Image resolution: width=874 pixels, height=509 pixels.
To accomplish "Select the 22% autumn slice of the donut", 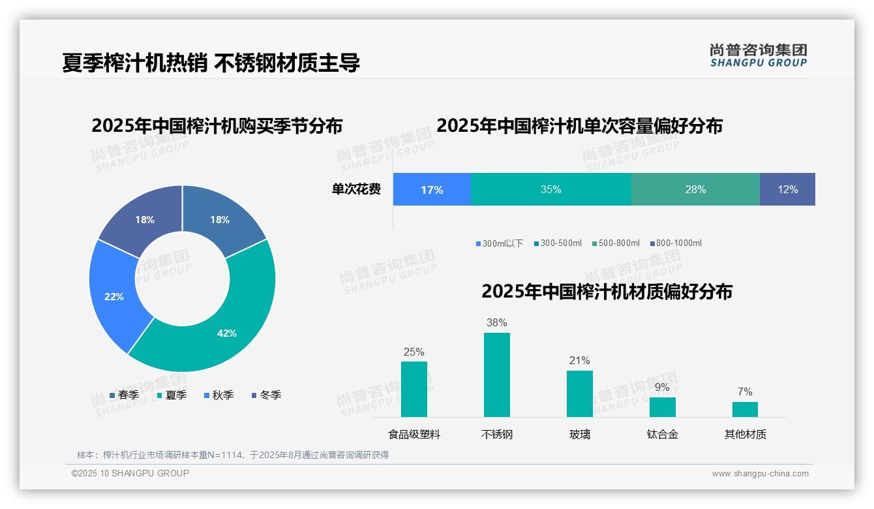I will click(114, 296).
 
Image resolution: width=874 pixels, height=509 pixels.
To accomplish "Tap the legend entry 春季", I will click(125, 395).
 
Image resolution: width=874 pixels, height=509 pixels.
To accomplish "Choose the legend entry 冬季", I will click(266, 395).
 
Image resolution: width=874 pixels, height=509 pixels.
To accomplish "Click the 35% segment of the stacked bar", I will click(551, 189).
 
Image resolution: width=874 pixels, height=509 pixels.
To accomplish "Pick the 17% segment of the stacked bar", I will click(432, 189).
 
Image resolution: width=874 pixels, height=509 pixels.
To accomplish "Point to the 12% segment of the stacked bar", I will click(787, 189).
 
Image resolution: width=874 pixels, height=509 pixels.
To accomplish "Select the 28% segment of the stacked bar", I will click(695, 189).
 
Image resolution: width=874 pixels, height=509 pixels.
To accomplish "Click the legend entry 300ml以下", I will click(500, 243).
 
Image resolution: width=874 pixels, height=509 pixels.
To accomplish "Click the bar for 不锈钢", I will click(497, 375).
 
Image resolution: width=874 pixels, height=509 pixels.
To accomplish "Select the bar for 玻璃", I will click(579, 393).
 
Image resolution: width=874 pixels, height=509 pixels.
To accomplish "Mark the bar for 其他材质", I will click(745, 409).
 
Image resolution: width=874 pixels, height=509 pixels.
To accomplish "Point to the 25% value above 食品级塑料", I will click(414, 352).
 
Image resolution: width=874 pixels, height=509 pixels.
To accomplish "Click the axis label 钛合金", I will click(662, 434).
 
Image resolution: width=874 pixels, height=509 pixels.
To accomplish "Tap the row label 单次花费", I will click(356, 189).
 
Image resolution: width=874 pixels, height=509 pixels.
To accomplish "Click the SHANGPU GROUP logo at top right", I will click(758, 55).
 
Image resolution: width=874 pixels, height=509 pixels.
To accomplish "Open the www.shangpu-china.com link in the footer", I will click(760, 474).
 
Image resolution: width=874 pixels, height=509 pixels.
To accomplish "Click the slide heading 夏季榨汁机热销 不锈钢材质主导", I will click(211, 63).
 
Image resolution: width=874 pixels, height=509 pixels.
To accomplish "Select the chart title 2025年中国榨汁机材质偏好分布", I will click(607, 291).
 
